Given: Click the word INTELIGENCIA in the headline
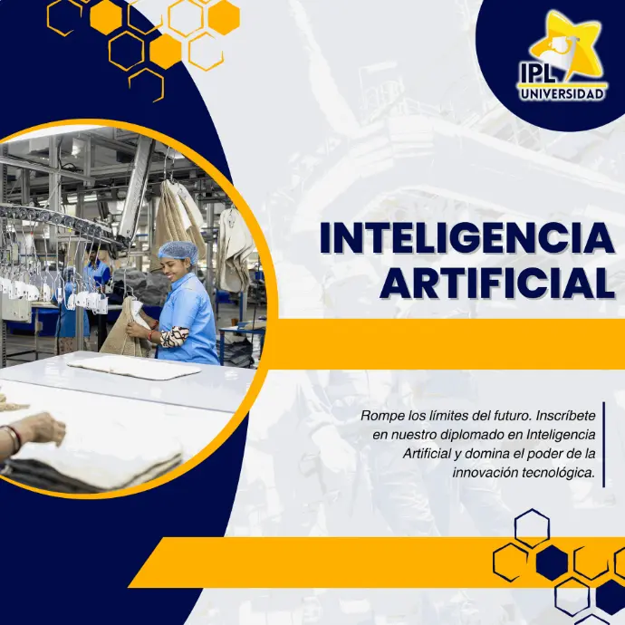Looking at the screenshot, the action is (x=467, y=239).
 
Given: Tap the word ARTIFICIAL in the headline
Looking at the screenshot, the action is (x=497, y=284).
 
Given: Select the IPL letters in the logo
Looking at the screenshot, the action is (x=537, y=72).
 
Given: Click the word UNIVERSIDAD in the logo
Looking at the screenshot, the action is (x=562, y=94).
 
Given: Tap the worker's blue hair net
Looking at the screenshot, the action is (x=178, y=251).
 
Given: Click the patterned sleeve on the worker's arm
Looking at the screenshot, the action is (x=174, y=336).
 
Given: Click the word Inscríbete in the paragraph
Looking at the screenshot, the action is (x=565, y=416).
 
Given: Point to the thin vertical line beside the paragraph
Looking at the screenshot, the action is (x=604, y=445).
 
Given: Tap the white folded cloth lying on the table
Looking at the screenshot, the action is (x=134, y=367).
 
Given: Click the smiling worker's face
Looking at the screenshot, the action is (x=172, y=268).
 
